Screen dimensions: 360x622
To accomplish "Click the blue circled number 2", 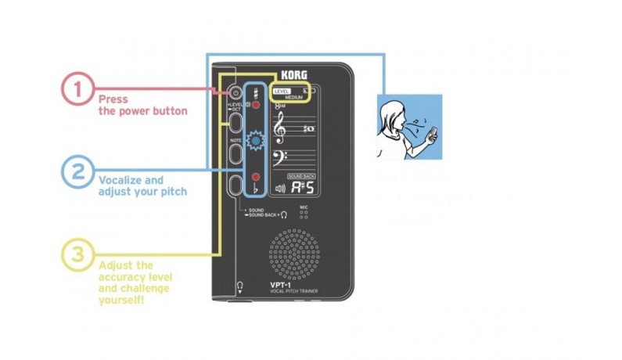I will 77,172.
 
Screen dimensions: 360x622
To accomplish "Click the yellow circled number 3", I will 77,254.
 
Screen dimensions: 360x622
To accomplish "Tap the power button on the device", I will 235,92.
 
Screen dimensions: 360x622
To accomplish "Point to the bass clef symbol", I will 279,160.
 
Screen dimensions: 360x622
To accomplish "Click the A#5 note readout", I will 302,187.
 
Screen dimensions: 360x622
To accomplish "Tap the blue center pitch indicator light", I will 254,141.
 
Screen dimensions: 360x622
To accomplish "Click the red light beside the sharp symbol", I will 255,104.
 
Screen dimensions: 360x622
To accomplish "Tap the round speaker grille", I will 296,254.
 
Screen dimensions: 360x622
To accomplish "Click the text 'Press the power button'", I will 142,105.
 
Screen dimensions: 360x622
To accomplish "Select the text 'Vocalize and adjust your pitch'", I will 142,185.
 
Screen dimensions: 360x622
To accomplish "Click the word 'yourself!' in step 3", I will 123,301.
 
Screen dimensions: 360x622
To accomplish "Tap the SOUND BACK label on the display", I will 301,176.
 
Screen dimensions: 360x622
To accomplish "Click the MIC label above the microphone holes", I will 304,209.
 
